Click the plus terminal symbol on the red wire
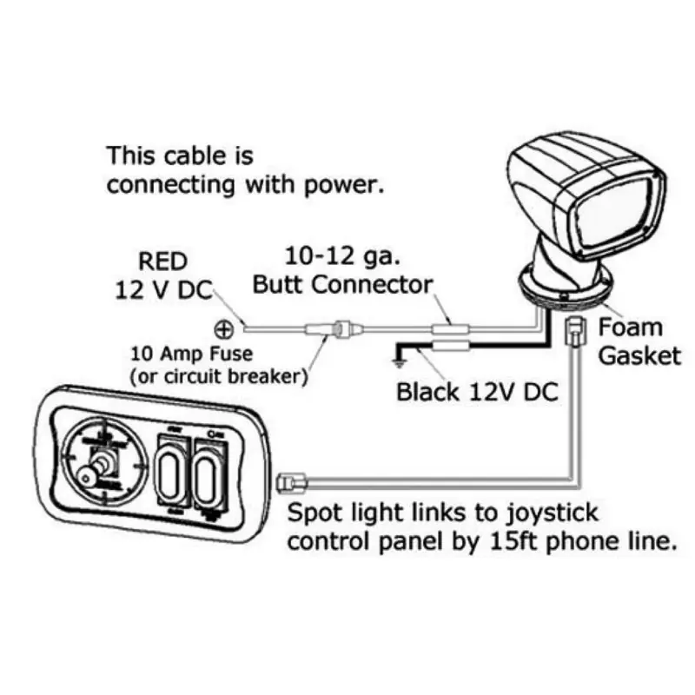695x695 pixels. click(223, 329)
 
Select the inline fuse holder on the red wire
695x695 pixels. click(339, 330)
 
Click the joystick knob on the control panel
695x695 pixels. click(86, 474)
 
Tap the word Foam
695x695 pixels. click(631, 328)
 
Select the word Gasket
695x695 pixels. click(639, 356)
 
